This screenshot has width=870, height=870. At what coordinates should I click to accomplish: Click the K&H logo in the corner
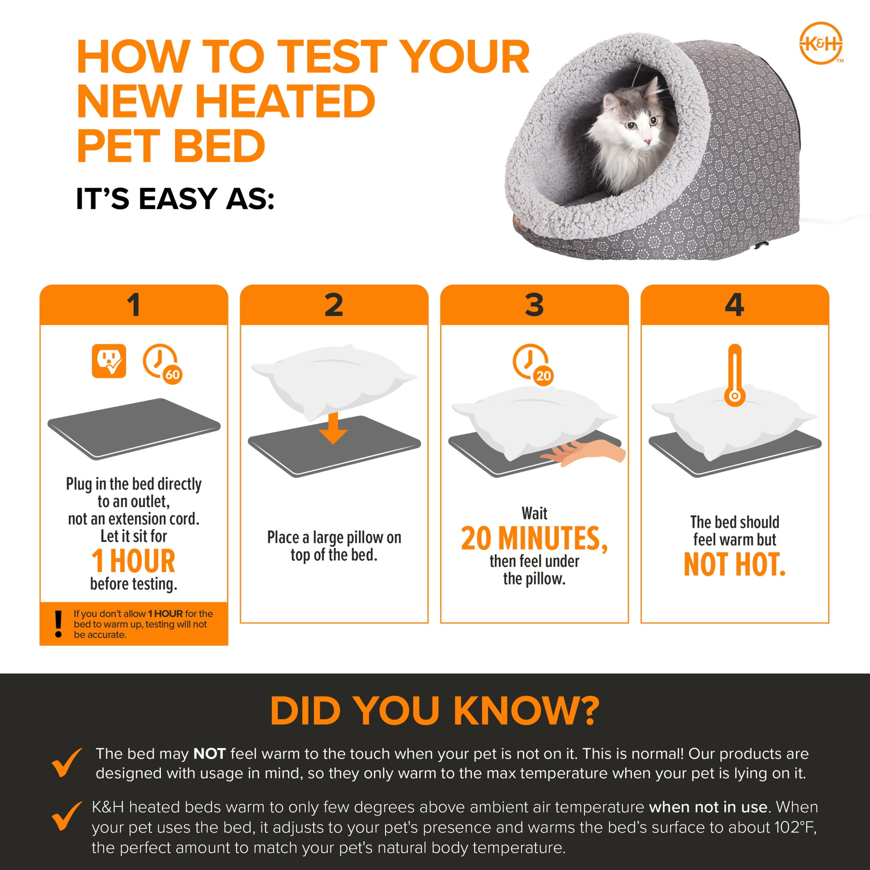tap(821, 43)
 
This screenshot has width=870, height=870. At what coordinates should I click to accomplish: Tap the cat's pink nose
tap(647, 142)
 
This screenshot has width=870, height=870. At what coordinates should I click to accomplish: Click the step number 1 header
tap(134, 305)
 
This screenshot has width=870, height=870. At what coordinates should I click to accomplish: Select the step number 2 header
tap(334, 305)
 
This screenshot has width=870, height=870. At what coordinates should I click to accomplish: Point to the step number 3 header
tap(534, 305)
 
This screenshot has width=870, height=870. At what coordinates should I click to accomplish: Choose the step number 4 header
tap(734, 305)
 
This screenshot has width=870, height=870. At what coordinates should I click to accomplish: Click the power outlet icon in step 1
tap(109, 361)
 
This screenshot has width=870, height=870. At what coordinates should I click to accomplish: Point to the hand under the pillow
tap(585, 452)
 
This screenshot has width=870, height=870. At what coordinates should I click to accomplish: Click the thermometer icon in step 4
tap(734, 376)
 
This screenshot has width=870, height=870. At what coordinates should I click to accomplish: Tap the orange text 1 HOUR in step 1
tap(133, 561)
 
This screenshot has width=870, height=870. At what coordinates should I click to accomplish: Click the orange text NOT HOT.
tap(734, 565)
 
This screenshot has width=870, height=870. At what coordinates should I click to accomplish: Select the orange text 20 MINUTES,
tap(534, 539)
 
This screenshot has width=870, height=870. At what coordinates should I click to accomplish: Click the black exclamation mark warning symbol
tap(58, 624)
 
